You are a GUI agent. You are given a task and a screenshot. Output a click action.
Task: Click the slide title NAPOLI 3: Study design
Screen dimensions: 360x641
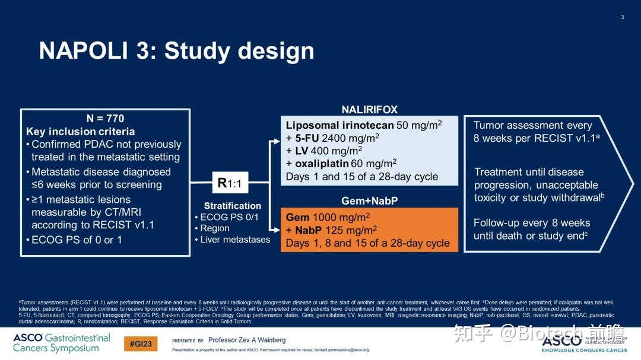(176, 51)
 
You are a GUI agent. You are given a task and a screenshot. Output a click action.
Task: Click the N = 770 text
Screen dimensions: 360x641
(105, 119)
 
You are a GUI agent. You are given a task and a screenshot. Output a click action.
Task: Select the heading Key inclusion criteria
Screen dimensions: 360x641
(80, 132)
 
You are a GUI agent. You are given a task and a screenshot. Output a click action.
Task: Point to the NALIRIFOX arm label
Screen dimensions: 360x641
(369, 110)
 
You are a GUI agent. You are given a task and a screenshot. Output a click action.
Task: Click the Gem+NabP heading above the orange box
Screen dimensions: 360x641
(369, 201)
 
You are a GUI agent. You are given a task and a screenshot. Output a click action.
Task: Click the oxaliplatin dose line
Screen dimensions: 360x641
(341, 164)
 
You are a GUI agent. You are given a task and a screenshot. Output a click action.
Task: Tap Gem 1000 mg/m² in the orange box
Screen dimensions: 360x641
(328, 218)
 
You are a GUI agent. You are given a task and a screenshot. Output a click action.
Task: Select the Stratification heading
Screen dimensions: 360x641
(232, 206)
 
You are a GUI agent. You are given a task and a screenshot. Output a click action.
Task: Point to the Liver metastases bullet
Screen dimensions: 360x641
(234, 240)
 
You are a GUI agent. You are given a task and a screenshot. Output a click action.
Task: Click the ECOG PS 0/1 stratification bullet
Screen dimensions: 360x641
(230, 217)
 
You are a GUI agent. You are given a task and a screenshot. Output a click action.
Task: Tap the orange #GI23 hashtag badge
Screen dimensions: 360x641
(141, 343)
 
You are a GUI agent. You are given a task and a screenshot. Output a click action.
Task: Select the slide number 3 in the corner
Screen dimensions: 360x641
(622, 17)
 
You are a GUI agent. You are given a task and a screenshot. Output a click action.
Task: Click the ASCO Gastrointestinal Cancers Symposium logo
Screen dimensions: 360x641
(61, 343)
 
